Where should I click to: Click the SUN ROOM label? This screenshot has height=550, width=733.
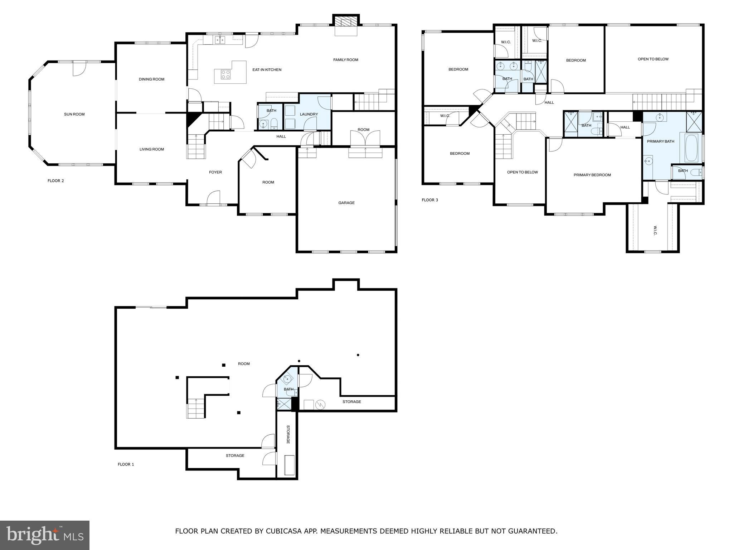click(x=74, y=114)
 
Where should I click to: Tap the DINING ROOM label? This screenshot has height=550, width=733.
click(x=151, y=79)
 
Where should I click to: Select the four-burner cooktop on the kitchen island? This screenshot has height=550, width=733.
click(x=226, y=74)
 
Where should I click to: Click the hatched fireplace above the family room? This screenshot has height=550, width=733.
click(x=346, y=23)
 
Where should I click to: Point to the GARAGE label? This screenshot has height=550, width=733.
click(x=346, y=203)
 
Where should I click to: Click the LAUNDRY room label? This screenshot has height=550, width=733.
click(x=309, y=114)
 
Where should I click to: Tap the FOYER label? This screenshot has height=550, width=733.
click(x=215, y=172)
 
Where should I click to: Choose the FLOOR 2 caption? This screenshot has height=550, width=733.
click(x=55, y=181)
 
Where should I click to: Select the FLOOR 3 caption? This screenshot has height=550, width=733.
click(x=429, y=200)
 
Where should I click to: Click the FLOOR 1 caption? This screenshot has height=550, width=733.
click(x=126, y=464)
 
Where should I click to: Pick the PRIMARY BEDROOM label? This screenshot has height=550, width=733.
click(x=592, y=175)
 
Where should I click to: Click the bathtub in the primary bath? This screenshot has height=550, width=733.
click(x=691, y=148)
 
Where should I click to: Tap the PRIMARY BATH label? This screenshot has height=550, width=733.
click(x=660, y=141)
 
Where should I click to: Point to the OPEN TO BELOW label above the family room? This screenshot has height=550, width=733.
click(x=653, y=59)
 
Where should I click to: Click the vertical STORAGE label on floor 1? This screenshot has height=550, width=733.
click(x=288, y=434)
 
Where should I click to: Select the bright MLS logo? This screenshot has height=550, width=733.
click(x=44, y=535)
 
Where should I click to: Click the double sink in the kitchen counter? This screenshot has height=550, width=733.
click(x=220, y=40)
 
